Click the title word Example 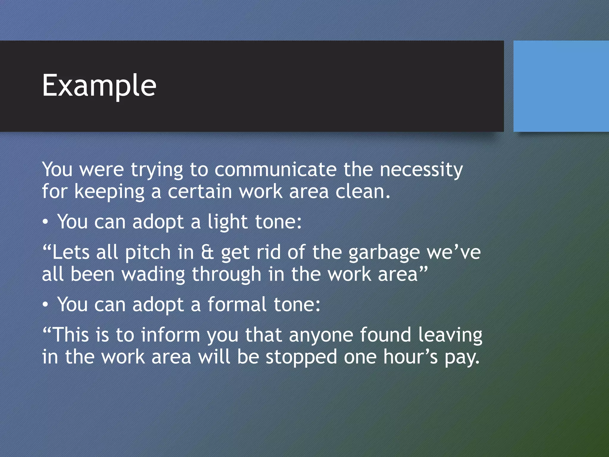pos(99,86)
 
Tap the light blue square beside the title pos(561,86)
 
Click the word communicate pos(275,170)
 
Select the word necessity pos(421,170)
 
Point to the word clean pos(362,191)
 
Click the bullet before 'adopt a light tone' pos(45,222)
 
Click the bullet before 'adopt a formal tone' pos(45,305)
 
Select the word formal pos(237,305)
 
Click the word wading pos(153,274)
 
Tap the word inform pos(170,335)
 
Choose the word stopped pos(301,357)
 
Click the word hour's pos(410,357)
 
